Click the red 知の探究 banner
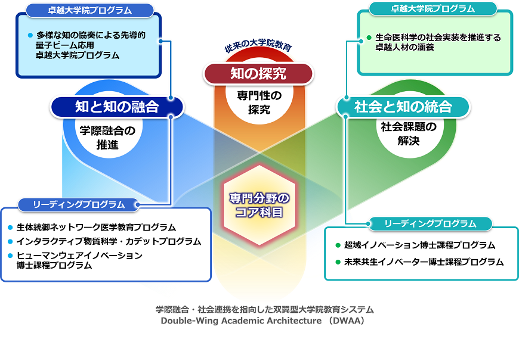click(258, 73)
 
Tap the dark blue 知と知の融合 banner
click(117, 107)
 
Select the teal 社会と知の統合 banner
click(403, 107)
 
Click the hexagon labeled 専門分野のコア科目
click(259, 204)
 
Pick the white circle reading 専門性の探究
click(259, 101)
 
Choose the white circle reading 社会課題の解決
click(409, 133)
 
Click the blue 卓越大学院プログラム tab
click(89, 10)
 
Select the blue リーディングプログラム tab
click(79, 204)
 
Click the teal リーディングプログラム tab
click(430, 223)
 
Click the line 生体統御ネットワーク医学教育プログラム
click(96, 227)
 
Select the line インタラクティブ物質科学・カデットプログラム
click(109, 241)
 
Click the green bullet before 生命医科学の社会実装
click(369, 38)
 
